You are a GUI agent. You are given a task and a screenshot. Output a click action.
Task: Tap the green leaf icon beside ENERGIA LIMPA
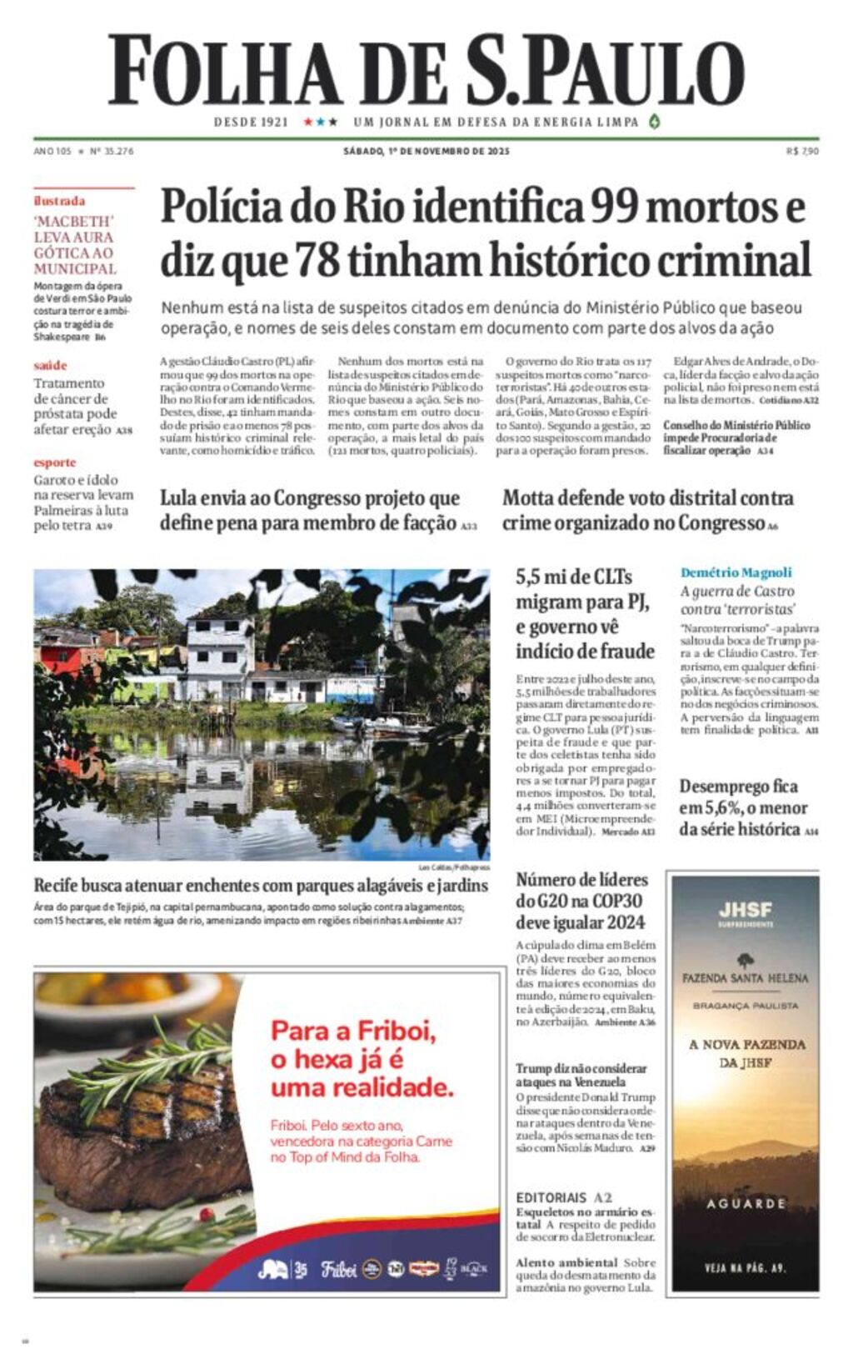tap(655, 122)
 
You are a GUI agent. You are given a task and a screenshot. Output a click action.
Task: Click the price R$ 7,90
tap(802, 152)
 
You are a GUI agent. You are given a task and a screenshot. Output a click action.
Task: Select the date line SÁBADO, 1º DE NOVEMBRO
tap(426, 152)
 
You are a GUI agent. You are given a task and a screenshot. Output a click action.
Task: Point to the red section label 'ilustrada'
tap(59, 201)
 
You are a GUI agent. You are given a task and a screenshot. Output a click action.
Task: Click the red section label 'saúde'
tap(50, 365)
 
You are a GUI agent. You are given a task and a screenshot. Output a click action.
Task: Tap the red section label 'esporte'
tap(55, 462)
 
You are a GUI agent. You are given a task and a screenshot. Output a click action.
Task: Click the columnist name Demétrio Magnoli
tap(736, 572)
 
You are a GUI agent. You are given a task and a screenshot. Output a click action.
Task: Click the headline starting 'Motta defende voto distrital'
tap(647, 510)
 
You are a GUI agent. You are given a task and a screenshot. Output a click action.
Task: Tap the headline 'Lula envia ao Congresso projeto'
tap(310, 510)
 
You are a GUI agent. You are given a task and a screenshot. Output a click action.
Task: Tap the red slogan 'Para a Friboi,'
tap(353, 1031)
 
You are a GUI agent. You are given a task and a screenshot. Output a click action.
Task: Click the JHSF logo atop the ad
tap(746, 910)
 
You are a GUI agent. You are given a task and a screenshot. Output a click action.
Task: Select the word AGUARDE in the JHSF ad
tap(746, 1204)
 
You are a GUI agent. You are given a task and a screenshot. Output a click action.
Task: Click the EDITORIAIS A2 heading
tap(564, 1197)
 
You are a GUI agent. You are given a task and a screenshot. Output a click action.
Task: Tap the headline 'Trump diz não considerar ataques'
tap(581, 1075)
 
